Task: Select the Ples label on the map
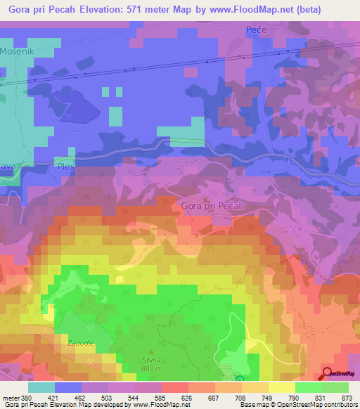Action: pos(67,167)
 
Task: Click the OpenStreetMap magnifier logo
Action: pos(328,372)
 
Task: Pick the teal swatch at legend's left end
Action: pos(41,387)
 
